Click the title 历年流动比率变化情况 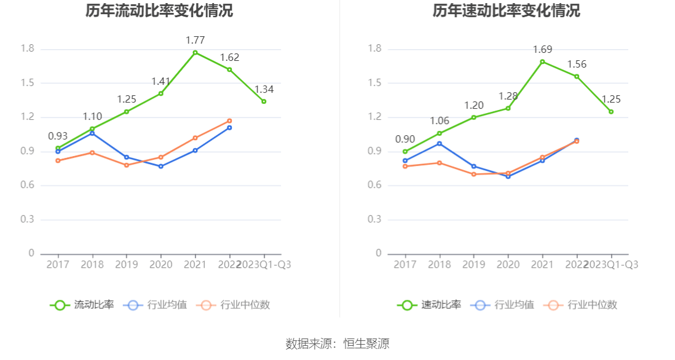(x=159, y=11)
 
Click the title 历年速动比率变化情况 (x=506, y=11)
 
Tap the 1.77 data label (x=195, y=41)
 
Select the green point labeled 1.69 (x=543, y=61)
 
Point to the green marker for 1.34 (x=264, y=101)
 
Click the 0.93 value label (x=58, y=136)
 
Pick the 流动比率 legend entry (x=82, y=305)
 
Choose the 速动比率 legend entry (x=429, y=305)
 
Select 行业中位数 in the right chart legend (x=582, y=305)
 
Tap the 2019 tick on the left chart (x=127, y=264)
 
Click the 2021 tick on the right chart (x=542, y=264)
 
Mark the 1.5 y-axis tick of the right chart (x=374, y=83)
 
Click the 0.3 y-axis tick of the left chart (x=27, y=219)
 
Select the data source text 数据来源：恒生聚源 (x=337, y=344)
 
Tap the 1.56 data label (x=577, y=65)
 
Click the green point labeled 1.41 (x=161, y=93)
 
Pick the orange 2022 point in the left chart (x=229, y=121)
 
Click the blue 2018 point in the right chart (x=440, y=144)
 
